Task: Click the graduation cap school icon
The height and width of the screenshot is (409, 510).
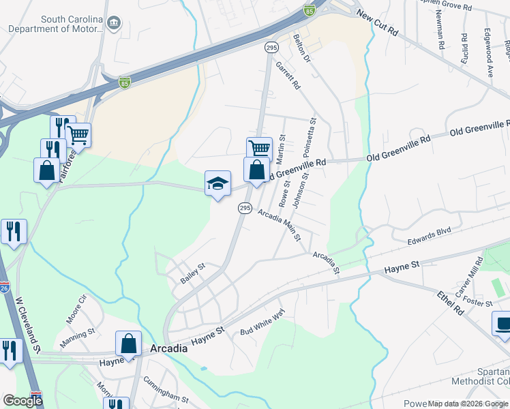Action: coord(217,183)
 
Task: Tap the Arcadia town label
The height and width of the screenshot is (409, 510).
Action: coord(166,348)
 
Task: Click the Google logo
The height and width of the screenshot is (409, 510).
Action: coord(22,400)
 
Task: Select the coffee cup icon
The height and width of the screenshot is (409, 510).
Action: coord(502,324)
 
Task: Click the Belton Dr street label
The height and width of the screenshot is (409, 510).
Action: coord(301,48)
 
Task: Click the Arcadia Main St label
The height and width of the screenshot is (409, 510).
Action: coord(280,225)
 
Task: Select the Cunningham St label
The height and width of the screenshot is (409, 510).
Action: coord(165,396)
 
